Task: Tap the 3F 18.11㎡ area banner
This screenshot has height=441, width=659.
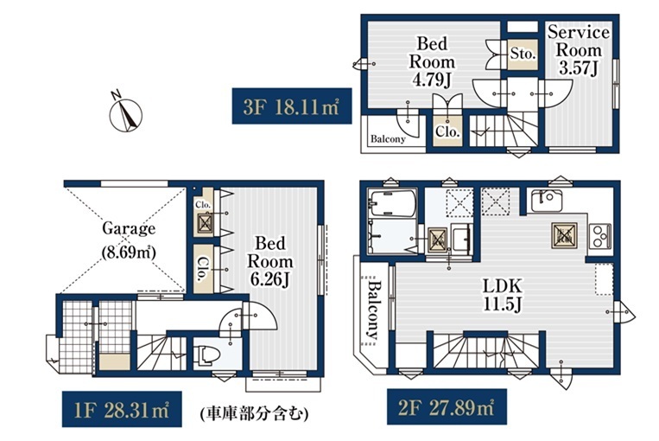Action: (292, 106)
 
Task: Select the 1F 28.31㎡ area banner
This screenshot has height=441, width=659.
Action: (122, 410)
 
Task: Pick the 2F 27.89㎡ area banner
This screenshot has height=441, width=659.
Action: (447, 406)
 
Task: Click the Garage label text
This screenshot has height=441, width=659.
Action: (129, 228)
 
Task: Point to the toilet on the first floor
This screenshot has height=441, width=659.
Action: (206, 355)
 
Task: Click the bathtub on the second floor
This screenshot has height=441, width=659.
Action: (392, 203)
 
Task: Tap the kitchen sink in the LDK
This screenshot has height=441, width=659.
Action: (547, 201)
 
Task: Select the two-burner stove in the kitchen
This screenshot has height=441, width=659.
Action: (600, 236)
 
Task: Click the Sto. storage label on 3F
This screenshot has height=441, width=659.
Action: (523, 54)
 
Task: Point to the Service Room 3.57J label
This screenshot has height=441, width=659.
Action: (579, 50)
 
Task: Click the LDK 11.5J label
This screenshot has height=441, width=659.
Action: (502, 295)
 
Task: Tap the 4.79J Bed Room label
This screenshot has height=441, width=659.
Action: (432, 61)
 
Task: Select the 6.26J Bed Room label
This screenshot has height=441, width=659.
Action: (269, 261)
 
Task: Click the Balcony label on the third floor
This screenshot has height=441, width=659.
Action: (388, 139)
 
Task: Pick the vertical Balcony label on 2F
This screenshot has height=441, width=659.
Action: (373, 310)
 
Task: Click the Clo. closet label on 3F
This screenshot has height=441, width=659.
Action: (447, 131)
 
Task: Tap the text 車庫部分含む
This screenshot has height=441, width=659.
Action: (254, 413)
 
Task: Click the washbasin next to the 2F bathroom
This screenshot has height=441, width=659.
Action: (461, 238)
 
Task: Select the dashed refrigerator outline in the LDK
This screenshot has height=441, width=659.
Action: (604, 279)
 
